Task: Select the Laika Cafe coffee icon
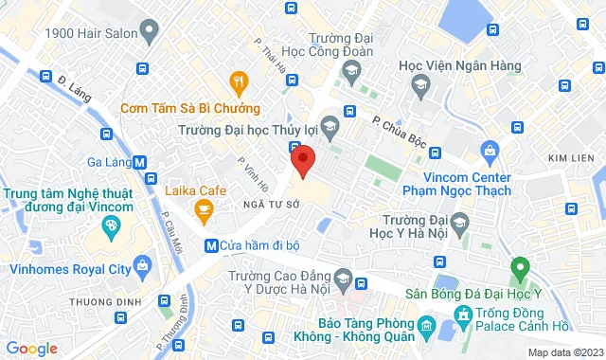(202, 208)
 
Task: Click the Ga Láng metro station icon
(140, 162)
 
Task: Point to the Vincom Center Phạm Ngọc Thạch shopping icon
(490, 151)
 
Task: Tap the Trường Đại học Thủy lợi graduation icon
(330, 124)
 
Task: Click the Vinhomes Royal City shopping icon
(142, 262)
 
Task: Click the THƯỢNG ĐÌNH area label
(97, 303)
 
